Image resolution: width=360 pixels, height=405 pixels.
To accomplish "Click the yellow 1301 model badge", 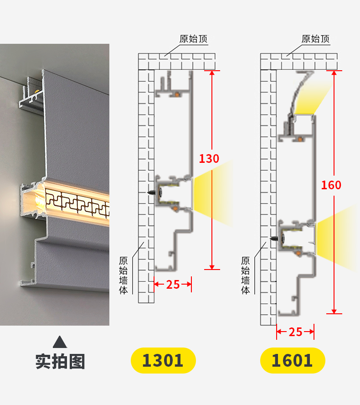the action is [163, 360].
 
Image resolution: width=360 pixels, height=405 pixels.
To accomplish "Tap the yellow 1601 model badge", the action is [293, 360].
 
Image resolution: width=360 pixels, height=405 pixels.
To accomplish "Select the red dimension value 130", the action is [209, 159].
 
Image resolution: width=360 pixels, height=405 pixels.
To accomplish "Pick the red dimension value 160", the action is [331, 185].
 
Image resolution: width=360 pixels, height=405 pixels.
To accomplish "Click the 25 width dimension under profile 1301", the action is [173, 285].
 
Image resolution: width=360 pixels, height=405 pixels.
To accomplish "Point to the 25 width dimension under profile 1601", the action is [295, 332].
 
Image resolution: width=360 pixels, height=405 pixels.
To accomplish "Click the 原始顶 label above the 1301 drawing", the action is [193, 39].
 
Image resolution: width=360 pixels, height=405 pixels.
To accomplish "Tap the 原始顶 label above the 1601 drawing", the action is [315, 39].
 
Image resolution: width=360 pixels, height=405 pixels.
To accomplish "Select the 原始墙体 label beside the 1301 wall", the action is [123, 275].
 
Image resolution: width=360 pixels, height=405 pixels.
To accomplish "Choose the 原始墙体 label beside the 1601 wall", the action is [246, 275].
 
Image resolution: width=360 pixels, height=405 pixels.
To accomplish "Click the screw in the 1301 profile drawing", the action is [155, 192].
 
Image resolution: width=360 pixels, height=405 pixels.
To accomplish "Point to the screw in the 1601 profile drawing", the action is [278, 239].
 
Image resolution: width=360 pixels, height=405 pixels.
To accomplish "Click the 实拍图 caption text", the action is [60, 361].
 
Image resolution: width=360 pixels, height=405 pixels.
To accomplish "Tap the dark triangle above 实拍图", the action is [60, 342].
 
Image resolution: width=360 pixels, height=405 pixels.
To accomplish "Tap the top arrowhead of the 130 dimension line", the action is [212, 73].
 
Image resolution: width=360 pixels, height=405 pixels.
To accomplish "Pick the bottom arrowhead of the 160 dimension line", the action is [334, 311].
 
